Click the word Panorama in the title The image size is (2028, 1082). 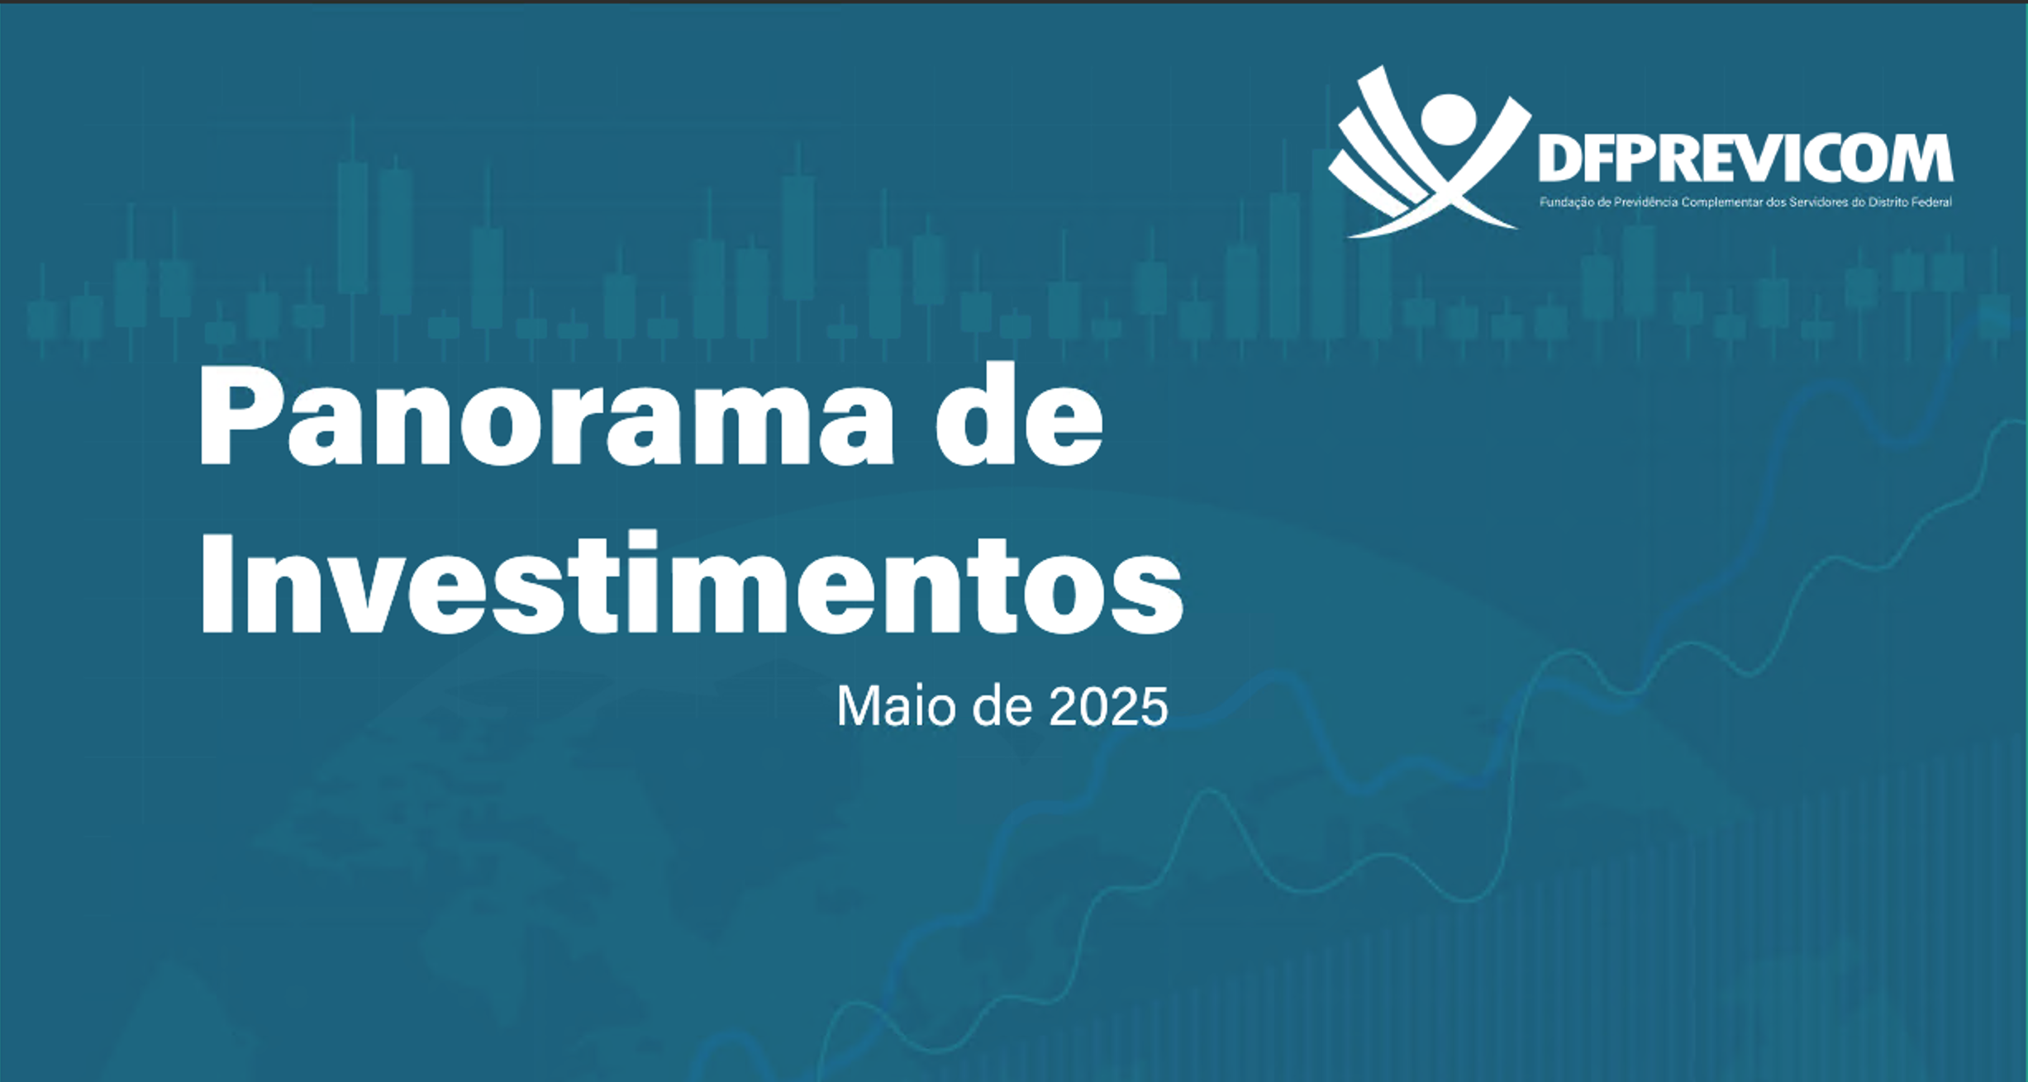[x=545, y=415]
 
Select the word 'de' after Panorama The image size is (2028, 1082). [x=1019, y=414]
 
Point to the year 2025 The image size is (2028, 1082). [x=1108, y=707]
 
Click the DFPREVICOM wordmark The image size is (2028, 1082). [x=1745, y=159]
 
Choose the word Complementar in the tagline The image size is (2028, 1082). [x=1722, y=202]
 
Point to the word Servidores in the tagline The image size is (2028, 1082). [x=1819, y=202]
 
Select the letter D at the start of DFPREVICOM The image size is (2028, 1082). [x=1559, y=159]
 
